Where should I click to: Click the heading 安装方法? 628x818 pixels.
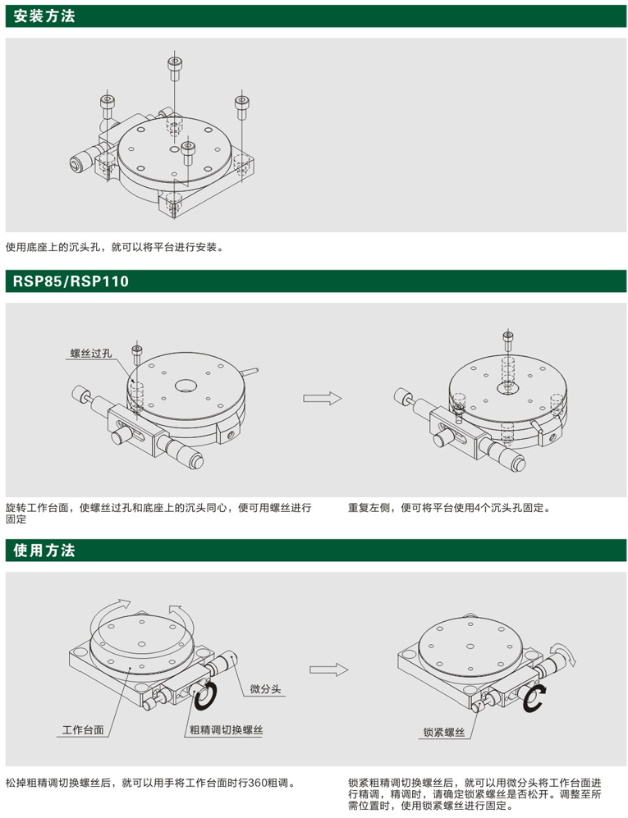click(x=44, y=16)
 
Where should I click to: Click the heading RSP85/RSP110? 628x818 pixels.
click(x=71, y=281)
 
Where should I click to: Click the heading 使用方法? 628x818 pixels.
click(x=44, y=551)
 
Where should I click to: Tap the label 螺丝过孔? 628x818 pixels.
click(x=91, y=353)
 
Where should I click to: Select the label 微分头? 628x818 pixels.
click(x=265, y=688)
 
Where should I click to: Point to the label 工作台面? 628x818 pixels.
click(x=83, y=730)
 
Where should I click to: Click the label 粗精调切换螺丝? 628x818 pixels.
click(x=226, y=730)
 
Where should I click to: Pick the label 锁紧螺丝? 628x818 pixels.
click(x=444, y=733)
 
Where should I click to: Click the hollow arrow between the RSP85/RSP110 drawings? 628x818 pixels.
click(x=322, y=399)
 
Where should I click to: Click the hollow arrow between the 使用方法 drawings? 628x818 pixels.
click(x=328, y=669)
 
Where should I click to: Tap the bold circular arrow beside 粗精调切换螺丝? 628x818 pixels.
click(x=206, y=696)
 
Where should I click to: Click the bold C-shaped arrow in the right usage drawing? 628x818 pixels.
click(x=534, y=700)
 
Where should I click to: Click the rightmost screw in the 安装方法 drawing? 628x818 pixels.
click(x=241, y=107)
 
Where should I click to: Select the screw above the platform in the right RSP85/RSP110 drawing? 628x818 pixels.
click(x=508, y=341)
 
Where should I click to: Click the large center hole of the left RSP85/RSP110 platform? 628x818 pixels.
click(x=186, y=386)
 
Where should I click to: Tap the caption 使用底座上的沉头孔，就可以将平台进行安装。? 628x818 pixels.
click(x=116, y=247)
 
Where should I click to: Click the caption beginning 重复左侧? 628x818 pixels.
click(x=450, y=508)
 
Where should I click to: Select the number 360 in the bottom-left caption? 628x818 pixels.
click(x=258, y=783)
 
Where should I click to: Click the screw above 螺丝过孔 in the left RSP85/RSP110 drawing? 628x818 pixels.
click(x=137, y=354)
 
